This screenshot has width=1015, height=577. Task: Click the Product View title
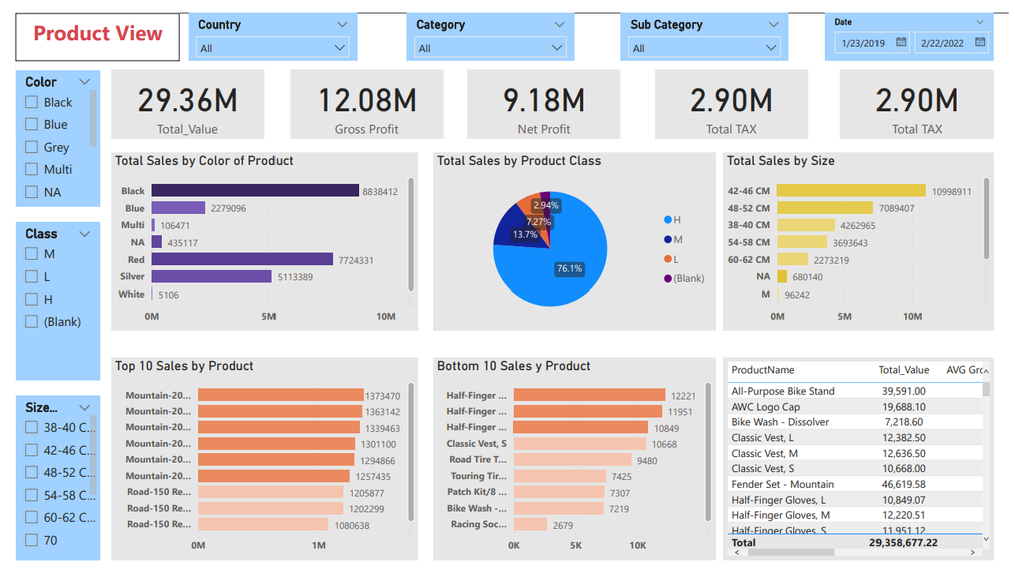(98, 33)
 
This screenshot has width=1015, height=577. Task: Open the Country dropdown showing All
(273, 48)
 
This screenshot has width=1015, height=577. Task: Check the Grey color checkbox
(32, 147)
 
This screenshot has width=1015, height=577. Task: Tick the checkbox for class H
(32, 299)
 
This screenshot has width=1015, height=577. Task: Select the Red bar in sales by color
(242, 259)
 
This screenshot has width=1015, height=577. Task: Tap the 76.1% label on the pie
(569, 268)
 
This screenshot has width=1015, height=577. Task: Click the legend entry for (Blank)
(683, 278)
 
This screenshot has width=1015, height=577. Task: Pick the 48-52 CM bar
(825, 208)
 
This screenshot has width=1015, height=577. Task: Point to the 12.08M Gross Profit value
(367, 101)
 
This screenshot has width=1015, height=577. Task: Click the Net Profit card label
(544, 129)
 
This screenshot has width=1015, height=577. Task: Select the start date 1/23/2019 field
(863, 43)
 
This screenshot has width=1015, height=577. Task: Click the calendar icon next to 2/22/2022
(979, 43)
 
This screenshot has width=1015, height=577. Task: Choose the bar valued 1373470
(280, 395)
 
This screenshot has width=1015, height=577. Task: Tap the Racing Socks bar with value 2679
(530, 524)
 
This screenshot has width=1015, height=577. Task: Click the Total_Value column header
(904, 370)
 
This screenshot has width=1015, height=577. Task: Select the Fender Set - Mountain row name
(782, 485)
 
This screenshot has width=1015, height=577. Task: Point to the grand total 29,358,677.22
(903, 543)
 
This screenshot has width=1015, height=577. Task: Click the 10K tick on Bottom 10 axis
(638, 545)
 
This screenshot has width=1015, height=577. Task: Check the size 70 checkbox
(32, 540)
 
